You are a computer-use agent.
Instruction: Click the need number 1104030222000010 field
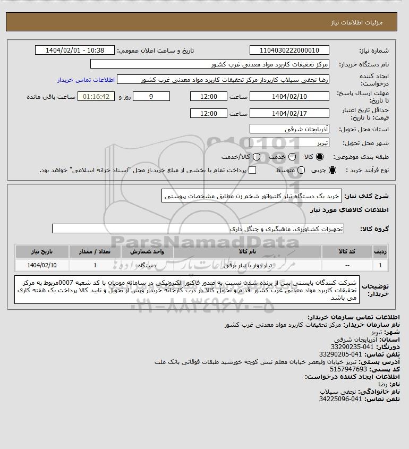click(289, 50)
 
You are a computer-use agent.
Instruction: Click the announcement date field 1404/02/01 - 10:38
click(75, 50)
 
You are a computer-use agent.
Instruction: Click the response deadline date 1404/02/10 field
click(289, 97)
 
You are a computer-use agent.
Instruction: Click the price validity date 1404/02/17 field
click(289, 114)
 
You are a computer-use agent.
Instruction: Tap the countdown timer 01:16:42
click(97, 97)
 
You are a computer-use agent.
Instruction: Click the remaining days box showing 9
click(151, 97)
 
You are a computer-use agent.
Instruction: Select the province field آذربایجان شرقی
click(289, 129)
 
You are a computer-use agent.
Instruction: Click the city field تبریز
click(289, 143)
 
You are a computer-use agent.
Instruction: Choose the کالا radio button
click(320, 157)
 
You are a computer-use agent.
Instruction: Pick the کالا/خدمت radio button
click(257, 157)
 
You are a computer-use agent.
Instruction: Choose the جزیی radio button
click(333, 170)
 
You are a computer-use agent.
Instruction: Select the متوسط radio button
click(301, 170)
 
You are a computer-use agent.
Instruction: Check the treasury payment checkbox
click(252, 170)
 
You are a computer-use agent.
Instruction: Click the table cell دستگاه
click(146, 265)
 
